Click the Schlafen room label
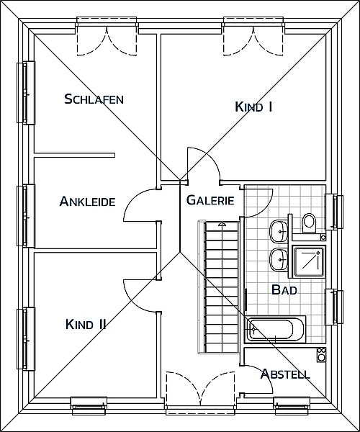(94, 99)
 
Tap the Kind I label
(253, 107)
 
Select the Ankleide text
(87, 201)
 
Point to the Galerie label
(210, 200)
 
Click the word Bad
(284, 289)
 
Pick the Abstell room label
(285, 374)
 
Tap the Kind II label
(86, 324)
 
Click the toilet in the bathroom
(309, 222)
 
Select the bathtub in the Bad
(275, 330)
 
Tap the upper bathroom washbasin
(279, 231)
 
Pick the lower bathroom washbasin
(279, 260)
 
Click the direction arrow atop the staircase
(222, 224)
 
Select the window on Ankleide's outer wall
(26, 216)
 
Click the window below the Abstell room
(292, 405)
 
